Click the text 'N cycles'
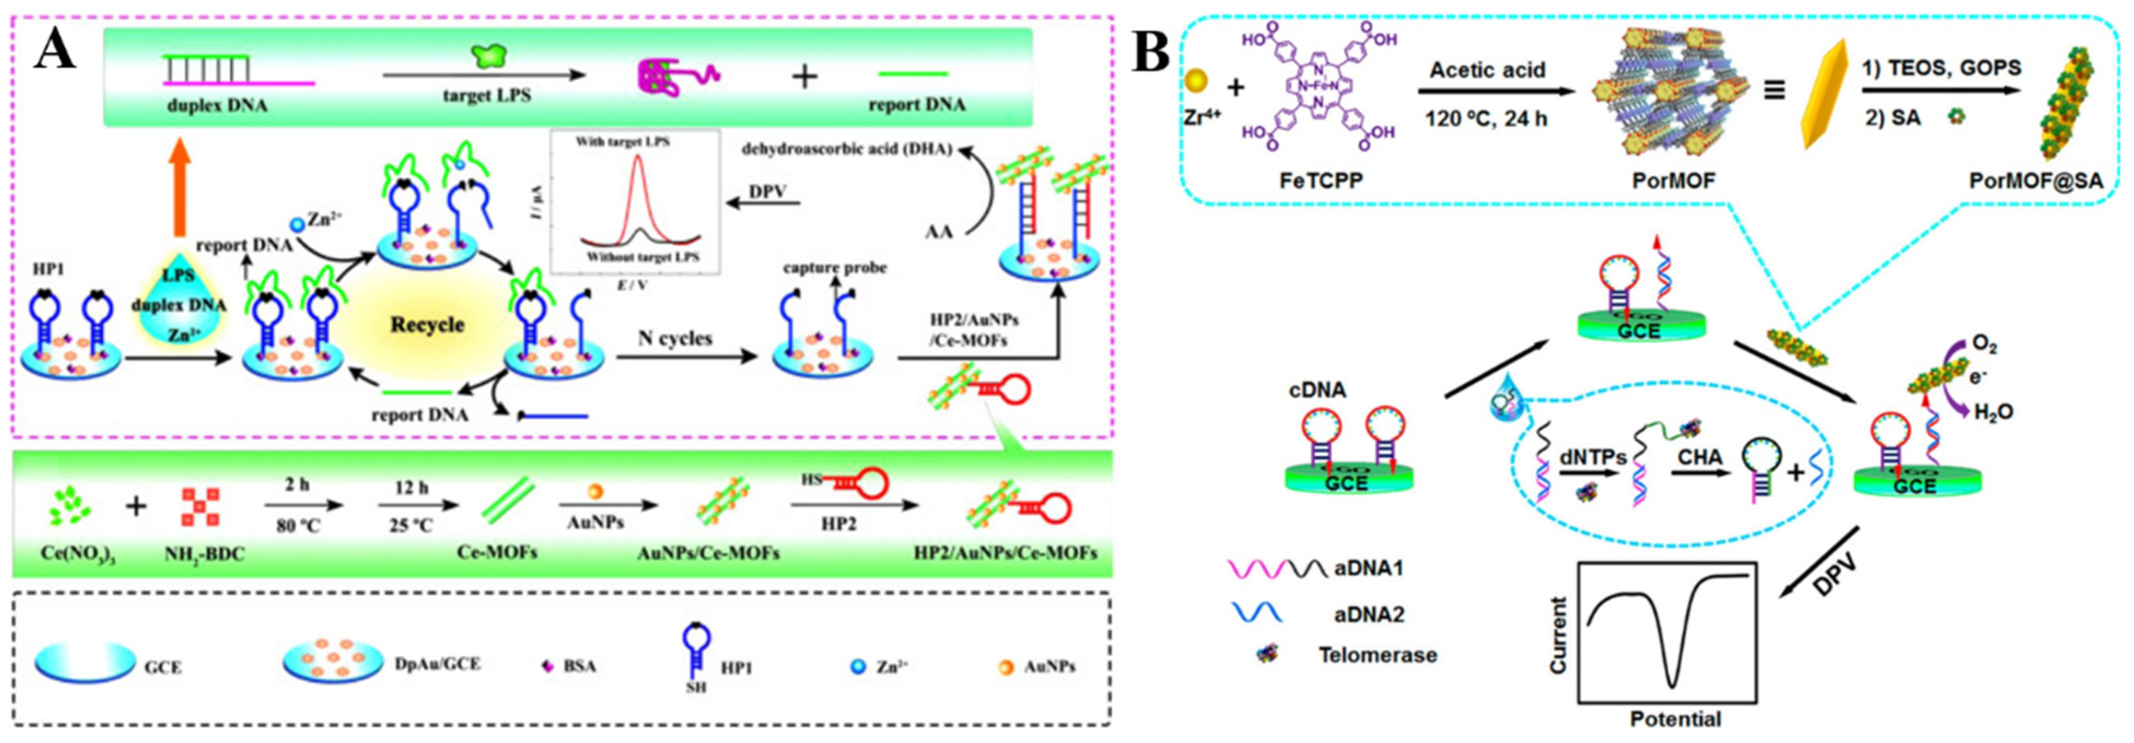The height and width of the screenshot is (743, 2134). point(675,339)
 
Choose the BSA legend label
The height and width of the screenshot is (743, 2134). point(579,665)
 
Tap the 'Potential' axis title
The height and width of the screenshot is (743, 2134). point(1675,718)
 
